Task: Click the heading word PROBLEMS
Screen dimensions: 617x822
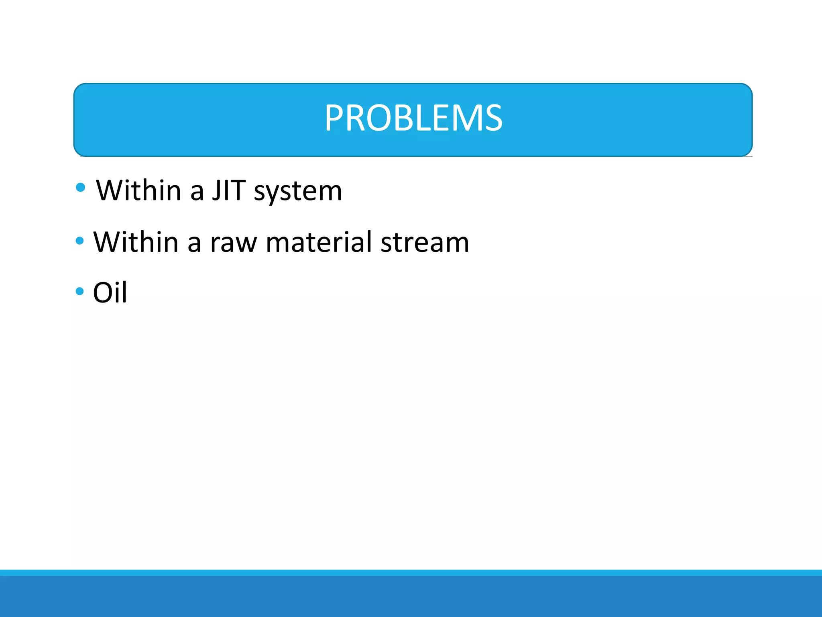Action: click(413, 118)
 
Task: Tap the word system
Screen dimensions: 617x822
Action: click(298, 191)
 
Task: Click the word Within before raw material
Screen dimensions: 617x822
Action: click(136, 242)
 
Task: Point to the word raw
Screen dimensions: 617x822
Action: click(233, 243)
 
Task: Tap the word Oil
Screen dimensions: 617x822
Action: click(110, 292)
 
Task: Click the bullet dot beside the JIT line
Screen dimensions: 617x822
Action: click(80, 187)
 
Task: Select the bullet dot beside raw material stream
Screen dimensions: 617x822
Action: click(79, 241)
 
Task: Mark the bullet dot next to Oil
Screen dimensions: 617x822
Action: click(79, 291)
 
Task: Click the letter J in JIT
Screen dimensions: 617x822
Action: click(217, 190)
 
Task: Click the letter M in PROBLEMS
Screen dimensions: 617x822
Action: click(467, 118)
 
